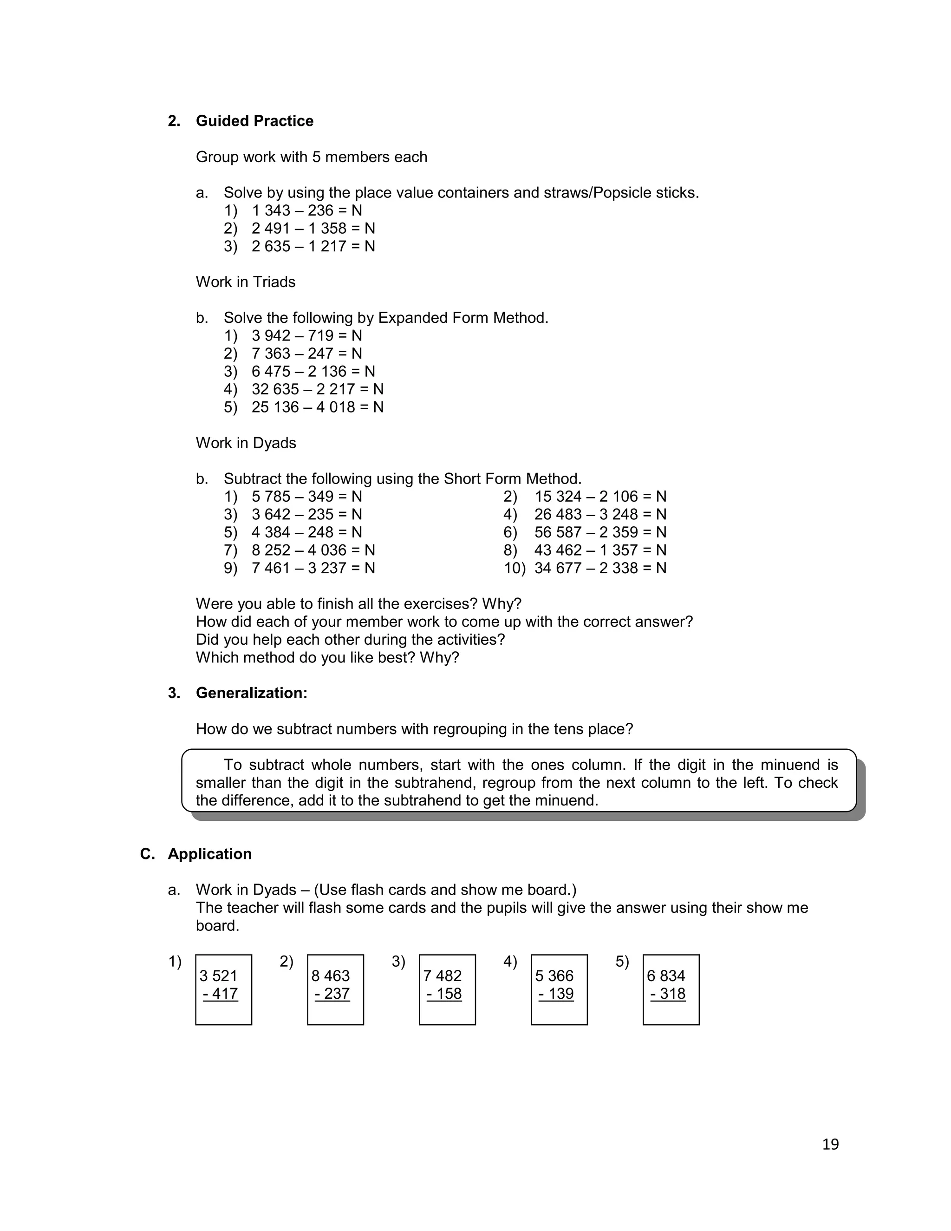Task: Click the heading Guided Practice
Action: (x=254, y=121)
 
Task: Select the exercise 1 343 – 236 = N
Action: (x=306, y=211)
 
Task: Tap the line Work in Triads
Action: (x=246, y=282)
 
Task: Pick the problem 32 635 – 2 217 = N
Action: (x=317, y=389)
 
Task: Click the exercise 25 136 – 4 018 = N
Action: (x=317, y=407)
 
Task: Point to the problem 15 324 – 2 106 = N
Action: (x=600, y=497)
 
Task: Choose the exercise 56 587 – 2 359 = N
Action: (x=600, y=533)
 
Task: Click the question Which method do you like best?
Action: (x=327, y=658)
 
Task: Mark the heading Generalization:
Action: (x=251, y=693)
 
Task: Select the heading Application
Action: (x=209, y=854)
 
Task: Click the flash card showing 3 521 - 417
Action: (x=224, y=990)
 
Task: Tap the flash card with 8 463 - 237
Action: (x=335, y=990)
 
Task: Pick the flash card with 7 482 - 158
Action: (x=447, y=990)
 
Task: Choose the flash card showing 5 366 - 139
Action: (x=559, y=990)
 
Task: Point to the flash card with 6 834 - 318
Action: (x=671, y=990)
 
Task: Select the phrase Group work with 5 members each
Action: (x=312, y=157)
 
